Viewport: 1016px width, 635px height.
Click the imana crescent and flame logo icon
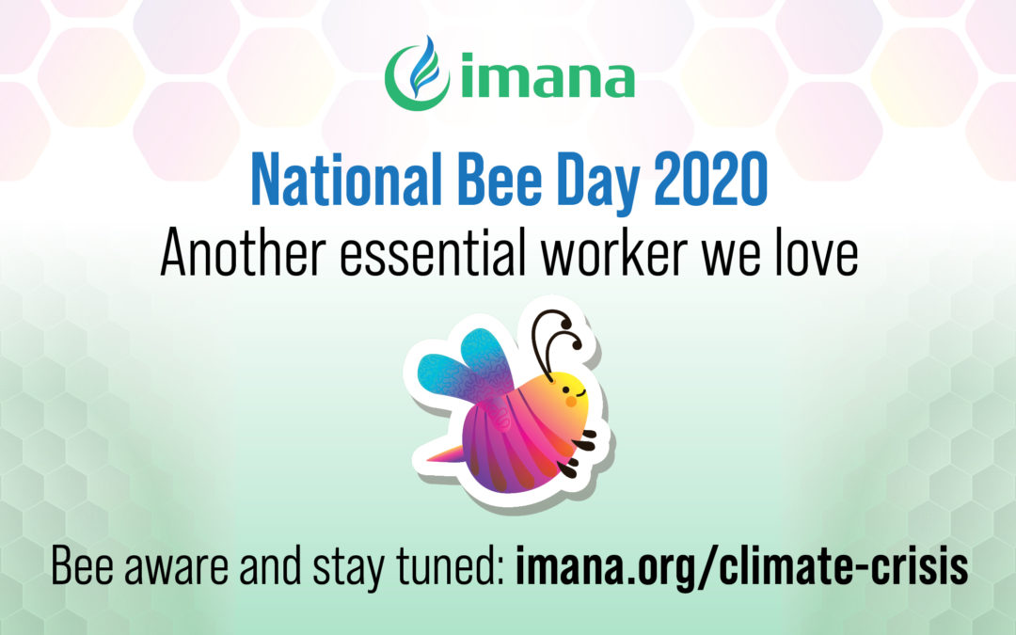pos(416,74)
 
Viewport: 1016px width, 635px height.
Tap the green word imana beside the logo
pos(548,76)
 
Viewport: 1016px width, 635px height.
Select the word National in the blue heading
pos(346,180)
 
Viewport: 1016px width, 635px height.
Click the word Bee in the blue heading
pos(500,180)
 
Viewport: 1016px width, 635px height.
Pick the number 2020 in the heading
pos(711,180)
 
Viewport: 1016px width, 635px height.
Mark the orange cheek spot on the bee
pos(571,402)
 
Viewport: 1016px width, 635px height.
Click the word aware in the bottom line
pos(176,566)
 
